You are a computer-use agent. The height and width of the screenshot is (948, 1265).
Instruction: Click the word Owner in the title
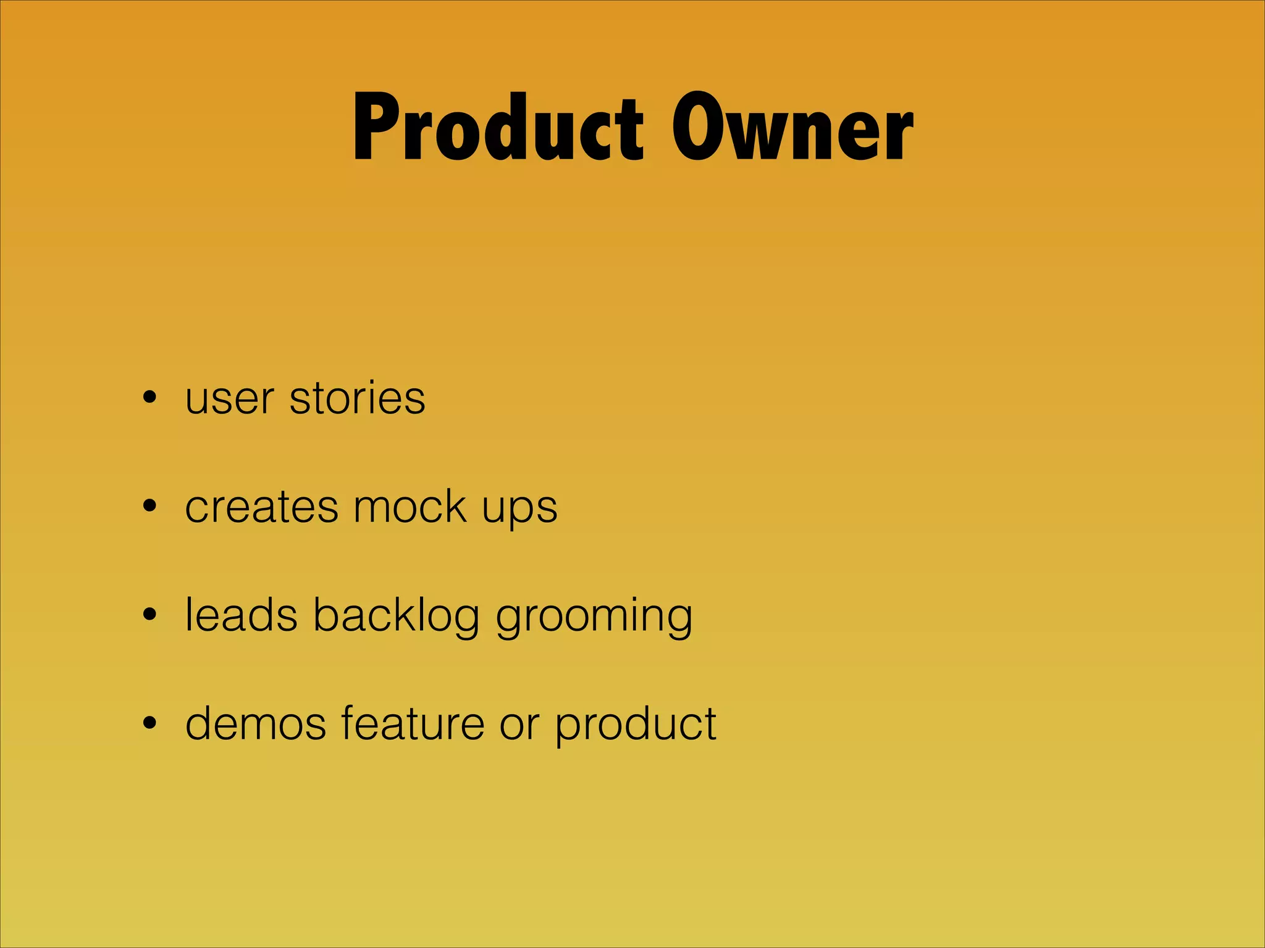tap(792, 128)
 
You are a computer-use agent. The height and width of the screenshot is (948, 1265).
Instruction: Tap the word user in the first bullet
tap(229, 399)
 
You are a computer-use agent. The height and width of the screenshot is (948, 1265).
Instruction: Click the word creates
tap(262, 507)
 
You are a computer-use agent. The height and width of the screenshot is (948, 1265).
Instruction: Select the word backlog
tap(396, 616)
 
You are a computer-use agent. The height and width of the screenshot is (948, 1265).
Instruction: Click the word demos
tap(256, 723)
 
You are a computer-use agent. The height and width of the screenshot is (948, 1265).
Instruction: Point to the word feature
tap(413, 723)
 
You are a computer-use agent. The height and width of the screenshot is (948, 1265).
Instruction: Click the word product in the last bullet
tap(636, 725)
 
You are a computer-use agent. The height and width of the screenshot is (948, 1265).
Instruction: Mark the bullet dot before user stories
tap(149, 398)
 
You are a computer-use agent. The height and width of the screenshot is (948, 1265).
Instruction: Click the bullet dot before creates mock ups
tap(149, 507)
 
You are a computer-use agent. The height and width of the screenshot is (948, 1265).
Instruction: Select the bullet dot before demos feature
tap(149, 723)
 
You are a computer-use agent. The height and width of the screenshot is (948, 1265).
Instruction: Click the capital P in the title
tap(373, 128)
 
